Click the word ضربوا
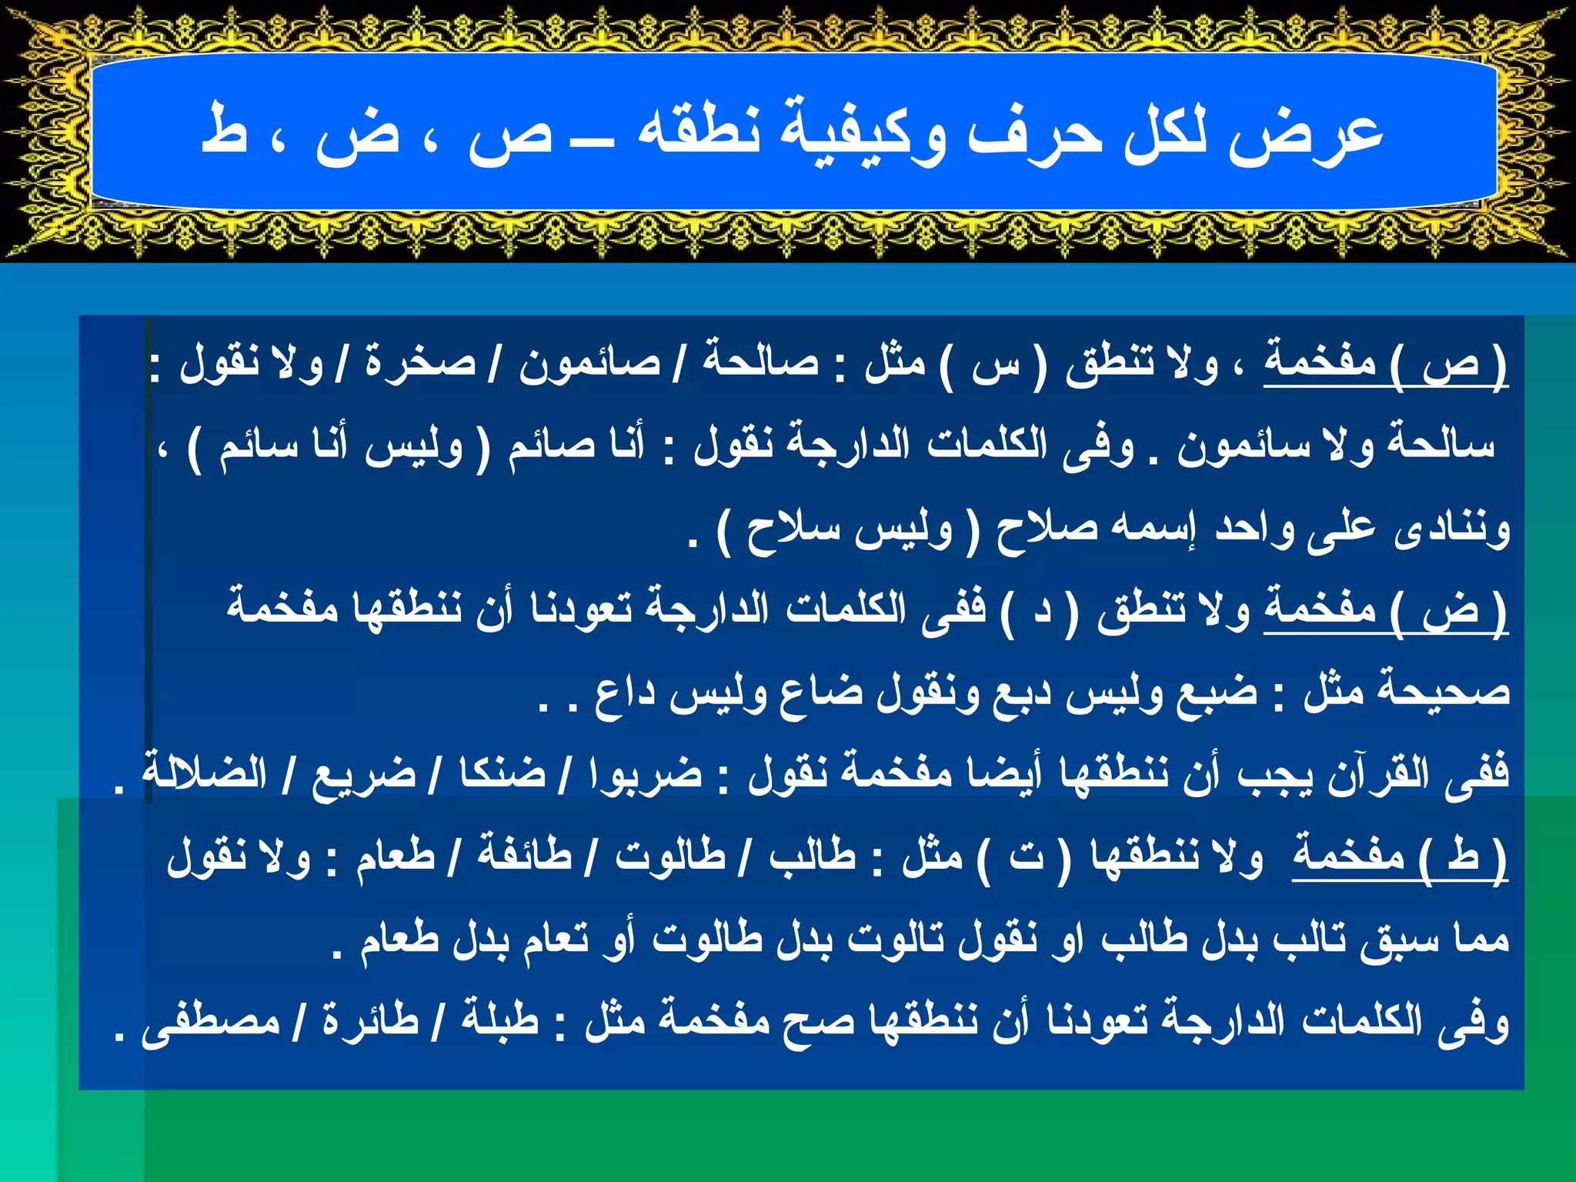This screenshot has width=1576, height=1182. (645, 773)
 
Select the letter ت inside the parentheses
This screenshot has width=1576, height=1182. (1026, 856)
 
